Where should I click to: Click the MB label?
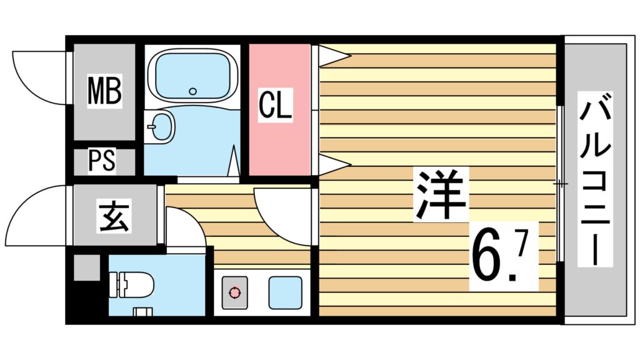(104, 91)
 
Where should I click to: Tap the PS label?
(101, 161)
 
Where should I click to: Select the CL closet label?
(276, 106)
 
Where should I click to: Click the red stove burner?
(234, 291)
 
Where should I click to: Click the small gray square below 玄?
(86, 268)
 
